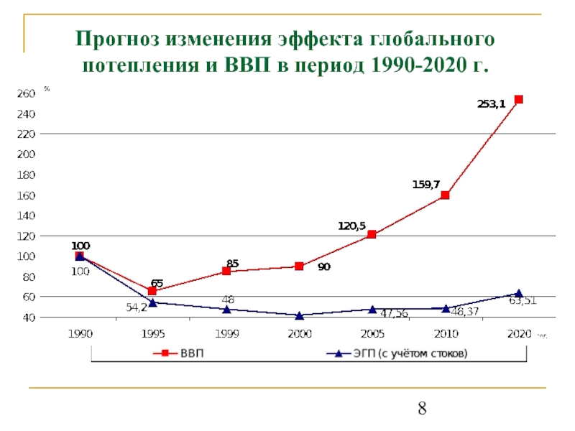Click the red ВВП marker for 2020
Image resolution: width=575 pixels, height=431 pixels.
pos(518,100)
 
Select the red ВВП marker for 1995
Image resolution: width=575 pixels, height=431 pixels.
pos(152,291)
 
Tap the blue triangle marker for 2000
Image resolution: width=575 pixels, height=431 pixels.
pos(299,315)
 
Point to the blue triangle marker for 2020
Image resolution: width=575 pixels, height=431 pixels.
pos(518,293)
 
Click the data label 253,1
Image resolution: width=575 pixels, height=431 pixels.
pos(492,103)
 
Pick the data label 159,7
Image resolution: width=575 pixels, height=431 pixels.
pos(426,185)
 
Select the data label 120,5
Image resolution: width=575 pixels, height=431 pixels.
pos(352,226)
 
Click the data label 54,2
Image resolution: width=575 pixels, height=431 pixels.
pos(137,307)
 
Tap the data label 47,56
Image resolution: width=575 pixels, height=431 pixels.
pos(394,313)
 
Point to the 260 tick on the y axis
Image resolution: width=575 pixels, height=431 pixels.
pos(25,93)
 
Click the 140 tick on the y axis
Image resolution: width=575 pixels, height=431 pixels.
pos(25,215)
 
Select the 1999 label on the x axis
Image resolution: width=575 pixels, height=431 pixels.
pos(226,334)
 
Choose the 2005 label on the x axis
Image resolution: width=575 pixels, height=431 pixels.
pos(372,334)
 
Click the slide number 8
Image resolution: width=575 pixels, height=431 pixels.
pos(423,409)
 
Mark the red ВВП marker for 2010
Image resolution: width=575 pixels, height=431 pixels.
pos(445,195)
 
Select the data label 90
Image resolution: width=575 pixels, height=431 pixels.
pos(323,267)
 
